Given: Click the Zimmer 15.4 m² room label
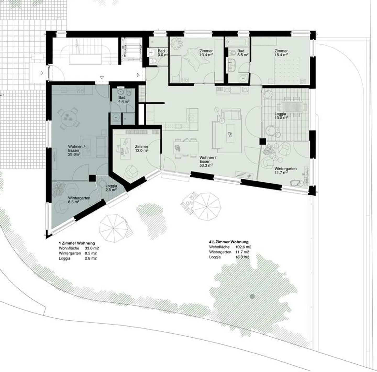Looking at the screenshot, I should click(x=281, y=53).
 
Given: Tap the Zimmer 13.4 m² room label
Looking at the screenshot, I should click(x=206, y=53).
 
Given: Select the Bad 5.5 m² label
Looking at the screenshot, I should click(x=241, y=53).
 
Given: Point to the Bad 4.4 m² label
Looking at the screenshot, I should click(x=122, y=99).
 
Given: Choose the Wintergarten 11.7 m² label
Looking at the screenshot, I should click(x=285, y=171).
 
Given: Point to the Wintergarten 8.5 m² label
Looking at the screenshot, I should click(x=79, y=200).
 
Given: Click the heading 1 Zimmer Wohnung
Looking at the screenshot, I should click(x=77, y=243).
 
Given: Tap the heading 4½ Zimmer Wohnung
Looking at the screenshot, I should click(x=229, y=242).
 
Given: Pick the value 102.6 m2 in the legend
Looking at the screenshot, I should click(x=243, y=247).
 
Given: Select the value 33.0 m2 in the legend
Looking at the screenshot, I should click(x=92, y=248).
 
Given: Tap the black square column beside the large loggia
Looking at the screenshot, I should click(x=262, y=142).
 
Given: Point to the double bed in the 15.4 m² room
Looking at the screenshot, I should click(x=286, y=69).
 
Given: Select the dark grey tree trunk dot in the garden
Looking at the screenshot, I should click(x=252, y=296).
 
